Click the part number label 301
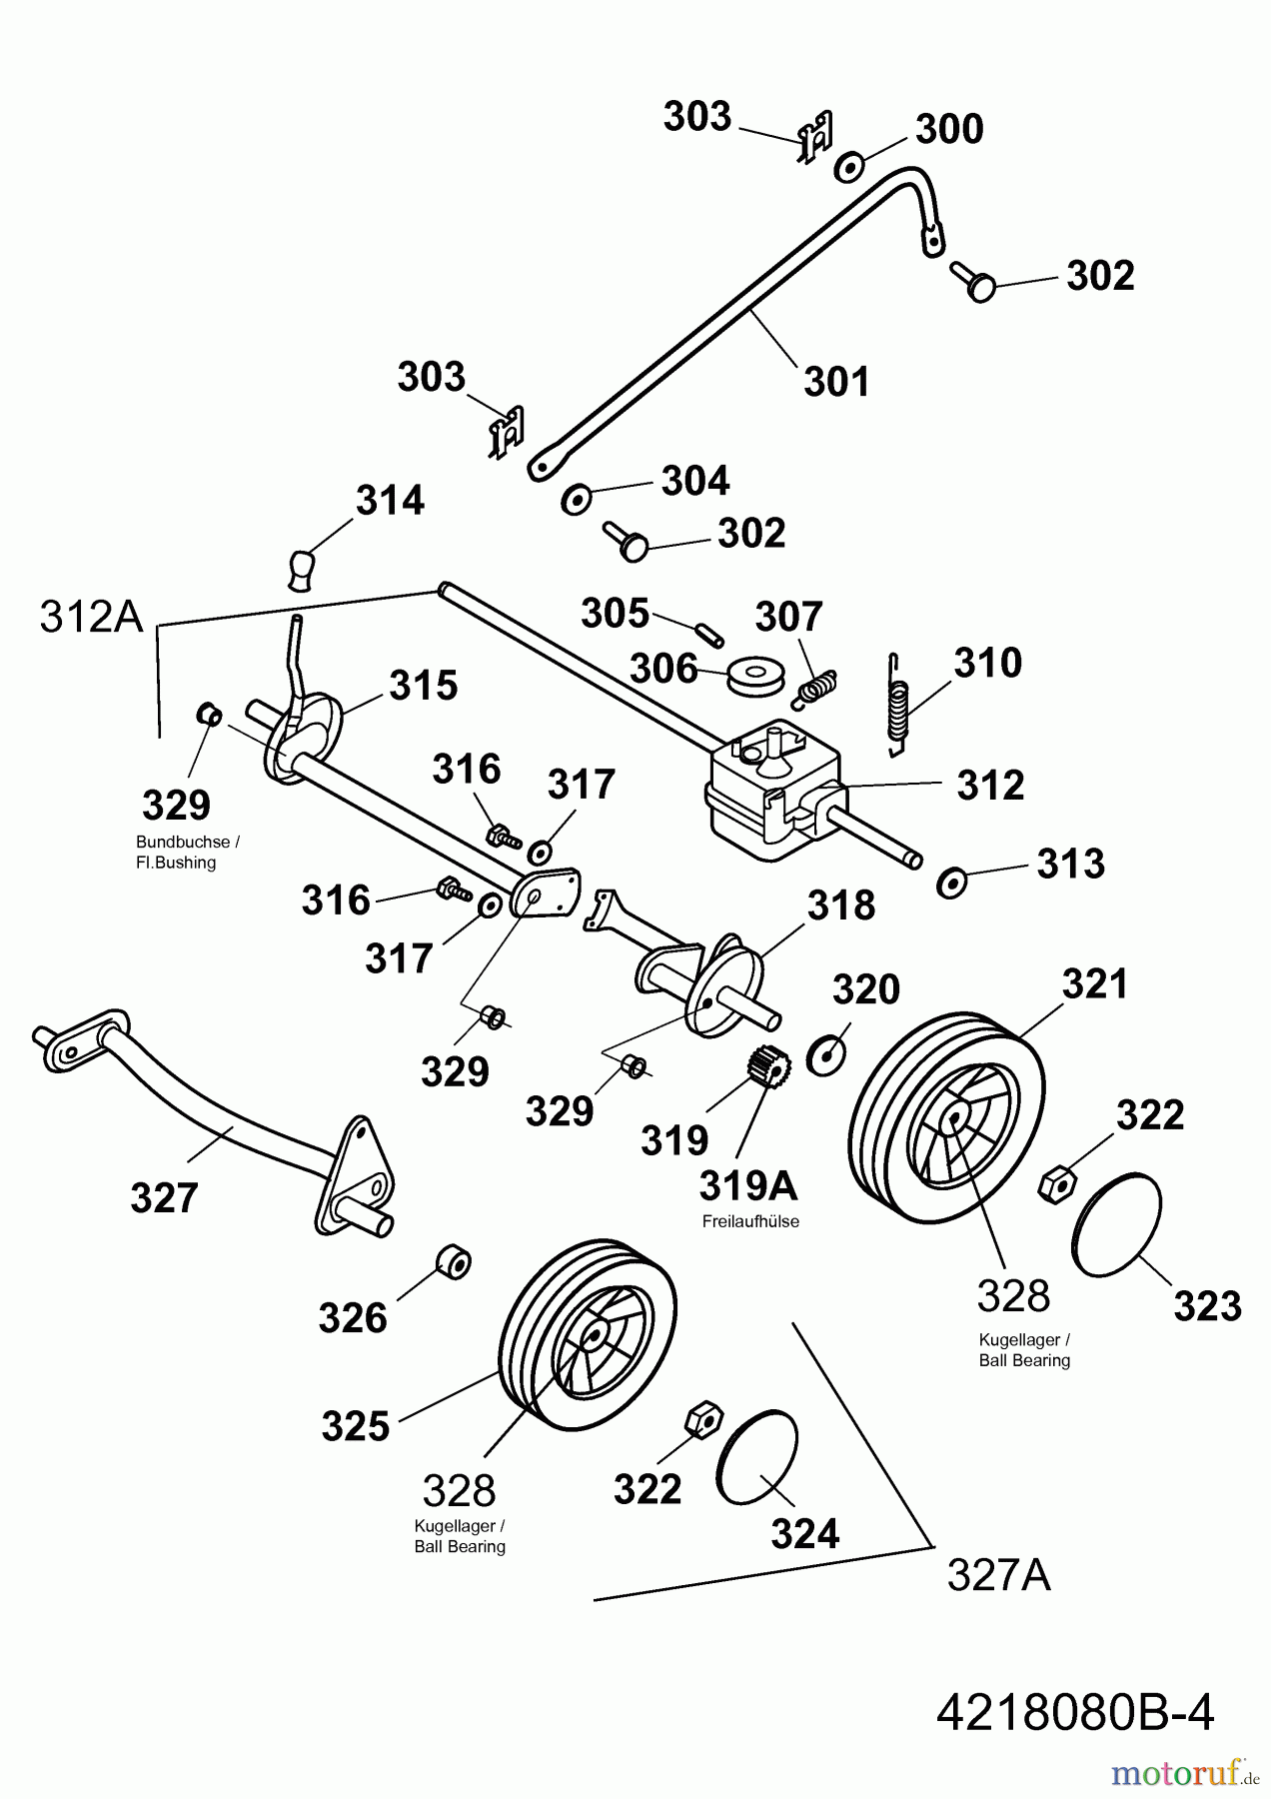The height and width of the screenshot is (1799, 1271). tap(837, 381)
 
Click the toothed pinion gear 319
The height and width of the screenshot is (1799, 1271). tap(764, 1068)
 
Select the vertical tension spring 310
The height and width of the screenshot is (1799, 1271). tap(899, 700)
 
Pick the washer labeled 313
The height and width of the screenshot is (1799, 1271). tap(950, 883)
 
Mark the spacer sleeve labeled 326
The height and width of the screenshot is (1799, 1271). tap(454, 1262)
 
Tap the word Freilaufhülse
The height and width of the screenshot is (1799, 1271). tap(750, 1221)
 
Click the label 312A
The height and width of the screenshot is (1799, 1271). tap(92, 618)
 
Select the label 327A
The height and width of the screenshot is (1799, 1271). tap(998, 1576)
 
